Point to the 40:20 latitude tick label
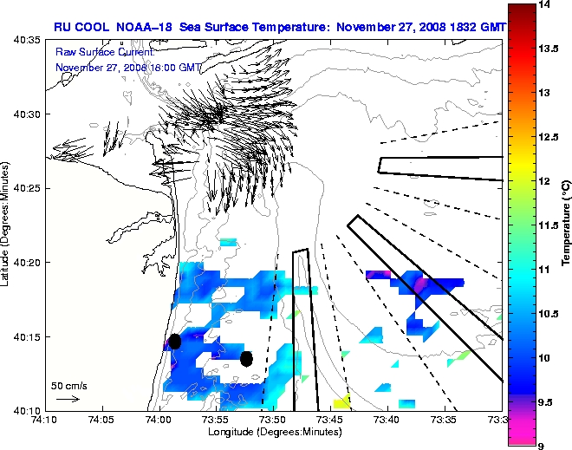[x=26, y=263]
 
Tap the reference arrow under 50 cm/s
[x=68, y=399]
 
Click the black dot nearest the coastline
[x=174, y=342]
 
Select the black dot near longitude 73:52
[x=247, y=358]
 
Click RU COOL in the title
[x=81, y=27]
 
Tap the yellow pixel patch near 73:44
[x=341, y=401]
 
